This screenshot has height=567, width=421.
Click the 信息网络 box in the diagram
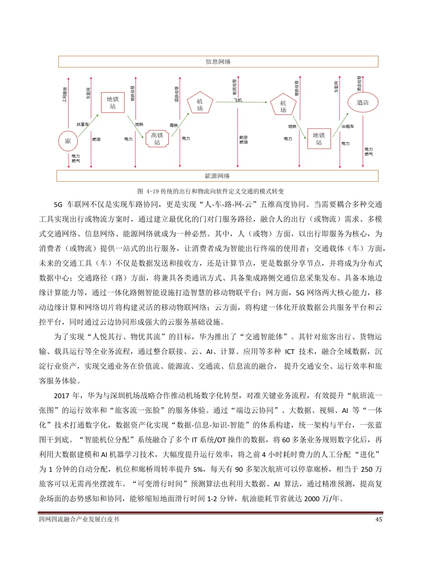[218, 62]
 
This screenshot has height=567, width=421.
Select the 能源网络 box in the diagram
[217, 176]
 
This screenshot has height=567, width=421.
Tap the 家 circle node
[68, 141]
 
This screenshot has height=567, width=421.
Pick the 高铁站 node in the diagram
[157, 139]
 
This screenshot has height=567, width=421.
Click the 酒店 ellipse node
[363, 102]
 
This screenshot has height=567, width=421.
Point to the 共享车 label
[82, 124]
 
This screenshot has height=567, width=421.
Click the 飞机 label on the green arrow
[238, 100]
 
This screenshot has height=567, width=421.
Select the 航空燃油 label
[244, 140]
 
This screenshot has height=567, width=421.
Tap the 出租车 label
[348, 126]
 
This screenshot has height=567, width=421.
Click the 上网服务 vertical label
[65, 94]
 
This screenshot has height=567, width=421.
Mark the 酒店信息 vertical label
[359, 84]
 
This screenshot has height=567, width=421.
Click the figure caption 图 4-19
[210, 191]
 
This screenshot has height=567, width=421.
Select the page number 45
[379, 519]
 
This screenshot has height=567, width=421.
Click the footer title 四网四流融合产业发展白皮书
[79, 519]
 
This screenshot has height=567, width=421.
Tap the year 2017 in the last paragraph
[62, 396]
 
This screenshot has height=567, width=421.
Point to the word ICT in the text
[290, 352]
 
